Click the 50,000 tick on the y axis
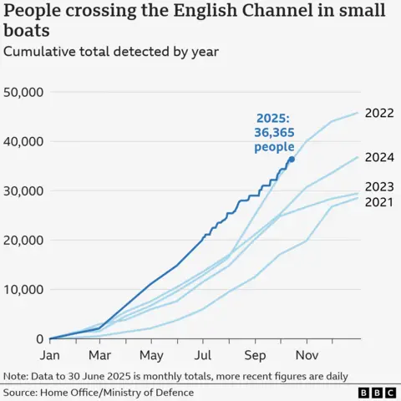24,92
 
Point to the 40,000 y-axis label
24,141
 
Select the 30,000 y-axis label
24,190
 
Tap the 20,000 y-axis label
24,241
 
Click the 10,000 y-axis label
24,290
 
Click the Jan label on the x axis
50,354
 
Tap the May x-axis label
152,354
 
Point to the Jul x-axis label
203,354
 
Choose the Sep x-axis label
255,354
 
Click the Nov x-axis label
307,354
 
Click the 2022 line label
379,113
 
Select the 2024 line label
379,156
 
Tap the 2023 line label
379,186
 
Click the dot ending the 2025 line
291,159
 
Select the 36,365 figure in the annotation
274,133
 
